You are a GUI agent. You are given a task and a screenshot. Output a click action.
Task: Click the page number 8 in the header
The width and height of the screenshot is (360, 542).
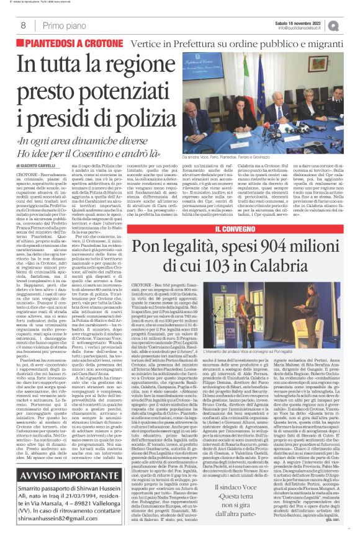23,25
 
